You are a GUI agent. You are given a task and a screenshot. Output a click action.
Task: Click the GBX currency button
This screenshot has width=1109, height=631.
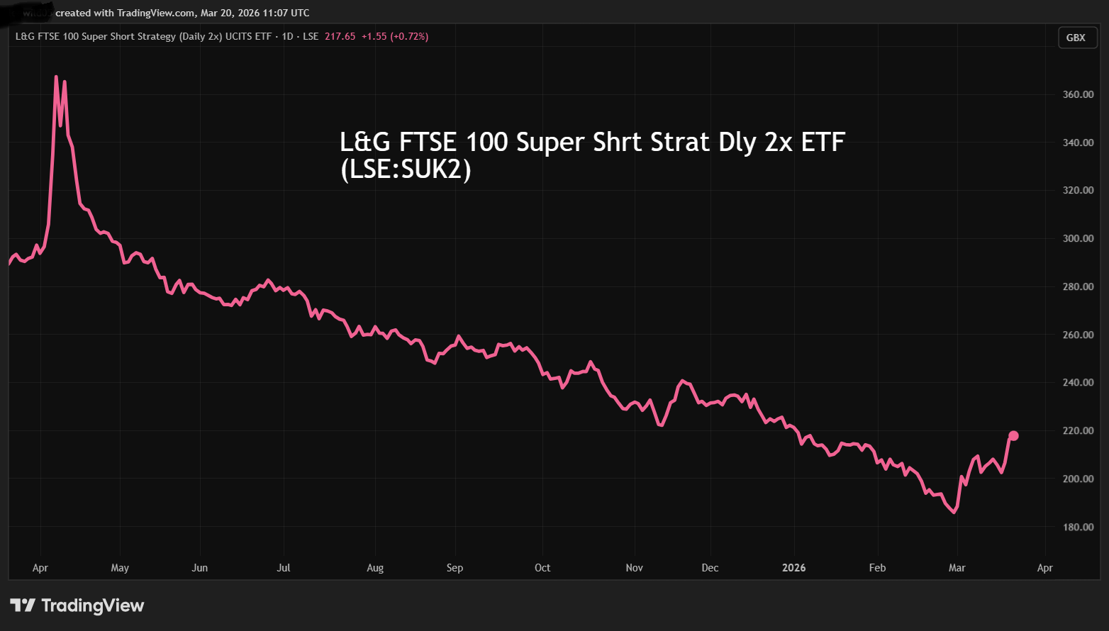[1076, 38]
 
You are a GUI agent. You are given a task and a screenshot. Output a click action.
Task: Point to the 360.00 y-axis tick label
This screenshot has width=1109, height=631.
[1078, 94]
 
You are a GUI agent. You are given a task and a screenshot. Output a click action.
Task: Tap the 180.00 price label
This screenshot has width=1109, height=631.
[1078, 527]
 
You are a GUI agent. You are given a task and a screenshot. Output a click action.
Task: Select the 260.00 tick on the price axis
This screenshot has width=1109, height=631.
[1078, 335]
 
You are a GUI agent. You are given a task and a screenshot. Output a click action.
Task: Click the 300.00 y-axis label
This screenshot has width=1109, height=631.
[1078, 238]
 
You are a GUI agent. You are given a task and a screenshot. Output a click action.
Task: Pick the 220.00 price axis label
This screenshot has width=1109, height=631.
[1078, 430]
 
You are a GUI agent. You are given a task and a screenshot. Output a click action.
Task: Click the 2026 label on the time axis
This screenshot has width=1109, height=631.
[793, 568]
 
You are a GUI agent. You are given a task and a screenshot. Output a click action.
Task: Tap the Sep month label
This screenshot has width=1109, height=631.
[455, 568]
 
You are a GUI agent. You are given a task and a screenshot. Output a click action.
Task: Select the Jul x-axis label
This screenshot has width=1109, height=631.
[284, 568]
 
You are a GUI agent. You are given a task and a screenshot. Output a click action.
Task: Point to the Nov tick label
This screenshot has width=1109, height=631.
[634, 568]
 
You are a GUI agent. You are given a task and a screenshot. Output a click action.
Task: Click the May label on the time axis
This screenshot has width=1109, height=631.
[120, 568]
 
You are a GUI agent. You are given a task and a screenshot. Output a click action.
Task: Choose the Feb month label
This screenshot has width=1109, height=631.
[877, 568]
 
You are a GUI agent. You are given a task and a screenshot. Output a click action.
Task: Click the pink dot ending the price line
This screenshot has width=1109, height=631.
[1013, 435]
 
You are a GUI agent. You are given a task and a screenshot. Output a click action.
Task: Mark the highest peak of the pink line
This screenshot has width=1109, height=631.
[56, 77]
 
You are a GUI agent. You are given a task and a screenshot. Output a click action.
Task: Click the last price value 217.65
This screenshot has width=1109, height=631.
[340, 36]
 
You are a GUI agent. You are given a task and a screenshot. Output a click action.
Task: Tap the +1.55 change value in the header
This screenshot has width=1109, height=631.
[374, 36]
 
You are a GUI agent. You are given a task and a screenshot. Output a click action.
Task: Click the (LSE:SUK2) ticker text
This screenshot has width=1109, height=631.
[406, 169]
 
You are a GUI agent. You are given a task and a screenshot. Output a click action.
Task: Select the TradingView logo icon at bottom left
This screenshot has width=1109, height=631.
[23, 605]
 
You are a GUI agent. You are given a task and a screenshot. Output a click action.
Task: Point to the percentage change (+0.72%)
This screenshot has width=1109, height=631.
[409, 36]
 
